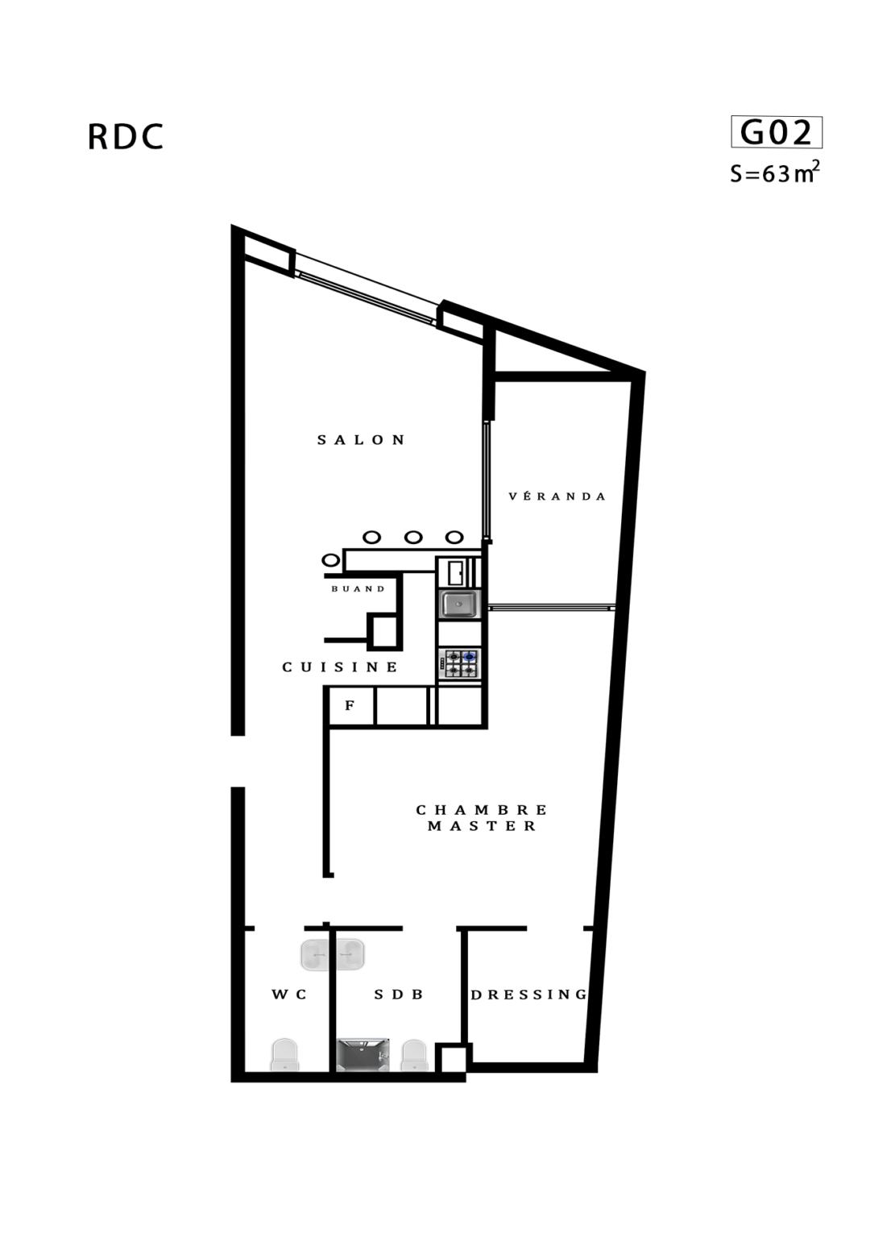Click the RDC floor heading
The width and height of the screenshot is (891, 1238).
coord(126,136)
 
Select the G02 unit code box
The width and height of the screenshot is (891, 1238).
coord(776,132)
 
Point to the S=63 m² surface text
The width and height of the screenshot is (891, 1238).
coord(774,172)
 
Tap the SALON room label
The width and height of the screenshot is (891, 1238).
coord(361,440)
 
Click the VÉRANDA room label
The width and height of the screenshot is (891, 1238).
coord(557,496)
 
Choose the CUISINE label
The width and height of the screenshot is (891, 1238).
coord(340,667)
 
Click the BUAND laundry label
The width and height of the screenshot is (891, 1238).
coord(358,589)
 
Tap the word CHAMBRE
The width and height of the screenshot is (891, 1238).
coord(481,810)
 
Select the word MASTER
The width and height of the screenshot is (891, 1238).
coord(482,826)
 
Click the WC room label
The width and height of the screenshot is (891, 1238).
coord(289,995)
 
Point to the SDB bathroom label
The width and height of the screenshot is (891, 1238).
coord(398,995)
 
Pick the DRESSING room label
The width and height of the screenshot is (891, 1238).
coord(528,995)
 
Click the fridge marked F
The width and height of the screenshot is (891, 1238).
coord(351,706)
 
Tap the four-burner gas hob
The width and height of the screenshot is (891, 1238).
coord(459,664)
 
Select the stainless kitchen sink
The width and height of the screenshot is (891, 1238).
coord(459,604)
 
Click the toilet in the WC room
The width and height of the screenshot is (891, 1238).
coord(284,1055)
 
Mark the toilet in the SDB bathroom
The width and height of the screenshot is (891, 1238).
coord(414,1056)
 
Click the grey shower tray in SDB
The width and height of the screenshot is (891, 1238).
coord(363,1055)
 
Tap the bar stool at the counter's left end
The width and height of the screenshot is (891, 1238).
coord(331,560)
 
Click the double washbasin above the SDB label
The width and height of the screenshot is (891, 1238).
coord(333,954)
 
